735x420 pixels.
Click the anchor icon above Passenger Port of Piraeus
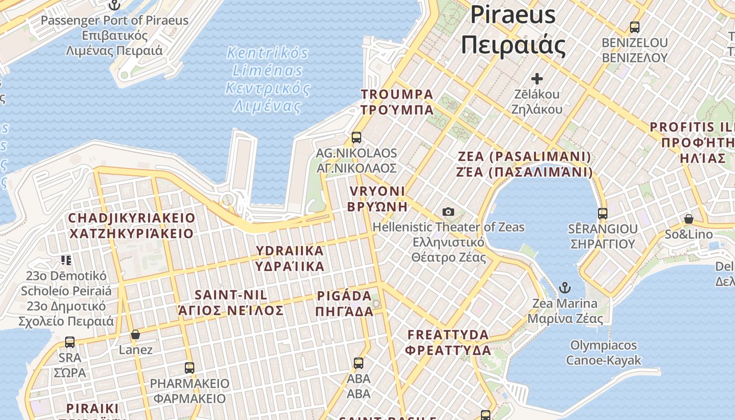point(114,5)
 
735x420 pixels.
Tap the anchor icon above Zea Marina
point(565,288)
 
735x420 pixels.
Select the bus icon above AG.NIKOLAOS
point(356,138)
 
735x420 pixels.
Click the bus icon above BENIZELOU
point(634,27)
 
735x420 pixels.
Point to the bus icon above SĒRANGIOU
point(602,214)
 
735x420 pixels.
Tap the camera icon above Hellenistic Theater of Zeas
point(448,212)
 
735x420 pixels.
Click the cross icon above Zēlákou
point(537,79)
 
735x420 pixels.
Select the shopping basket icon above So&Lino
point(688,219)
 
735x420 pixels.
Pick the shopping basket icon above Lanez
point(135,334)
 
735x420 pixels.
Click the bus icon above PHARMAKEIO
point(190,368)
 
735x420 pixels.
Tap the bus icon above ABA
point(359,363)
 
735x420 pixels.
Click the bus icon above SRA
point(70,342)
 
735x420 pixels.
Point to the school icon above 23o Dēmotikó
point(66,260)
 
